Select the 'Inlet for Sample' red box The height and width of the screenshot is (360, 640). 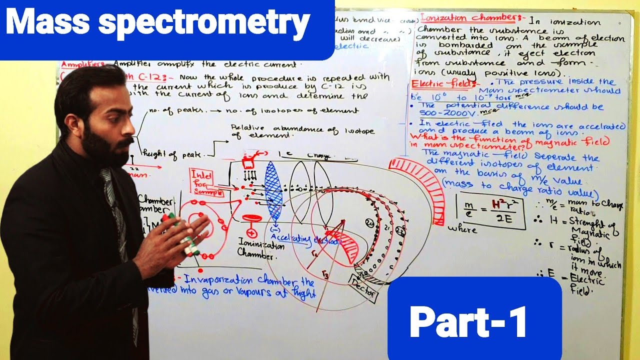205,183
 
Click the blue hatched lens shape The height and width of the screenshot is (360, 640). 273,190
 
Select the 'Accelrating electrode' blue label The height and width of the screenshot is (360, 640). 305,240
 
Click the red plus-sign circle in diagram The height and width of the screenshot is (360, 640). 251,232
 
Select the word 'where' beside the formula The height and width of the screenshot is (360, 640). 462,229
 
